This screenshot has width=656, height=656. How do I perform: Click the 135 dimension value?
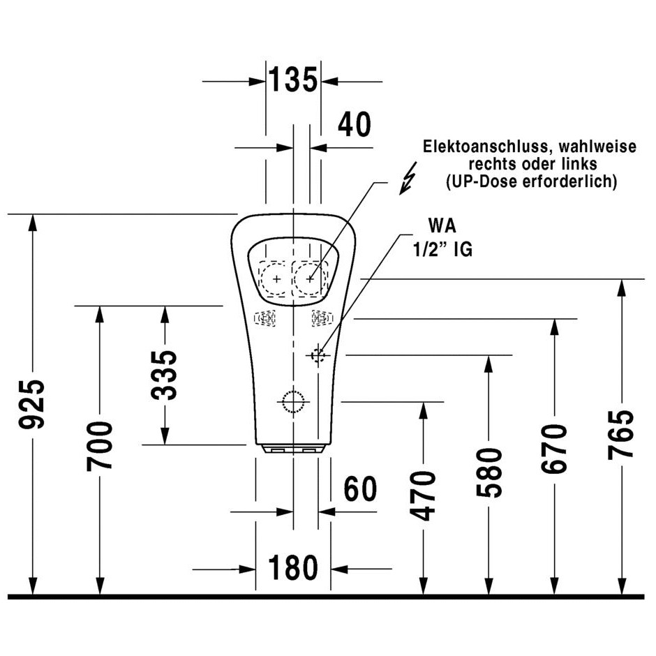pos(293,80)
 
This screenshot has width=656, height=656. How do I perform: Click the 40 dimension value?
pos(355,124)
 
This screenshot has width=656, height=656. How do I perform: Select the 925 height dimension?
pos(32,404)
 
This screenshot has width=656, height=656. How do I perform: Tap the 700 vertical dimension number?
pos(100,446)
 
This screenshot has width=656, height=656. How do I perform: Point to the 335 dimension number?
pos(165,375)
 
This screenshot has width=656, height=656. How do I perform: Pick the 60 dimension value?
pos(360,489)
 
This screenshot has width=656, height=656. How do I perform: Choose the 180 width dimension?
pos(293,568)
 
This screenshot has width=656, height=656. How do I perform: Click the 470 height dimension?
pos(423,495)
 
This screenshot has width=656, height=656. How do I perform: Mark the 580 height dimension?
pos(489,472)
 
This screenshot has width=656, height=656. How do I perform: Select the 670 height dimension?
pos(554,449)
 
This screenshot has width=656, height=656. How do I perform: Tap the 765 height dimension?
pos(621,435)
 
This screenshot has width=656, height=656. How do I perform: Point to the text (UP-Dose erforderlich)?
pos(531,181)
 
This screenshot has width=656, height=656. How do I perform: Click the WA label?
pos(442,226)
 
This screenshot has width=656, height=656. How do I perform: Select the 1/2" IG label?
pos(442,249)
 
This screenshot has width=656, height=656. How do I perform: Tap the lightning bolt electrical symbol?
pos(408,179)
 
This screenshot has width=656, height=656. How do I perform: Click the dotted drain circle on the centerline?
pos(293,402)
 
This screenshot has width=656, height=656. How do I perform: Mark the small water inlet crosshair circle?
pos(318,355)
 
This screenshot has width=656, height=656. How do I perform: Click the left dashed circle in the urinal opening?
pos(276,278)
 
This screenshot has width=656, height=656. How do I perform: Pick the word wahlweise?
pos(597,147)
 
